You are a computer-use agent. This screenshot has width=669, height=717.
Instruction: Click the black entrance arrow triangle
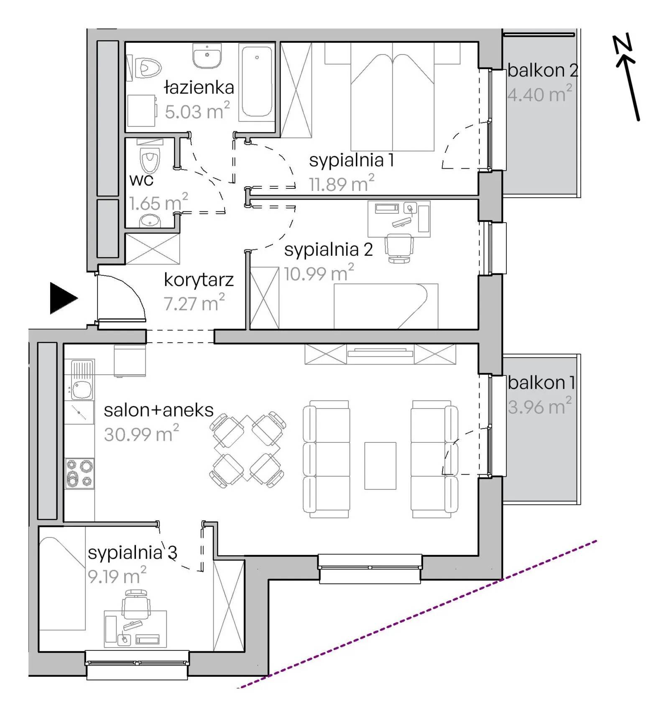[x=63, y=298]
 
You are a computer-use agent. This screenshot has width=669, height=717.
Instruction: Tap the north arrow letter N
[x=622, y=44]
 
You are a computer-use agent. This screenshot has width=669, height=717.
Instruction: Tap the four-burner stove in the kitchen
[x=79, y=473]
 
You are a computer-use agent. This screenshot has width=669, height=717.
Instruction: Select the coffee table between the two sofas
[x=380, y=465]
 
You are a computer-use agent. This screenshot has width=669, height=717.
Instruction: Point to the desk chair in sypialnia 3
[x=136, y=603]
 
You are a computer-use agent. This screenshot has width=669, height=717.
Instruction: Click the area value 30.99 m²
[x=141, y=434]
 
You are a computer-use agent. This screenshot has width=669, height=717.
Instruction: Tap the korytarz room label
[x=199, y=280]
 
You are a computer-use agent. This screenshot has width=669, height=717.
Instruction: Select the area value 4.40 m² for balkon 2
[x=539, y=94]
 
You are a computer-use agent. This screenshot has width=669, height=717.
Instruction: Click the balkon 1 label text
[x=541, y=383]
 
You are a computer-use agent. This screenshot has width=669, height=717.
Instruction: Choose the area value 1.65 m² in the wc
[x=158, y=203]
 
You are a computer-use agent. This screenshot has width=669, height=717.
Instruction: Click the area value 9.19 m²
[x=117, y=576]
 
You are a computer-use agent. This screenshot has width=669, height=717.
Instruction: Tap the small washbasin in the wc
[x=150, y=221]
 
